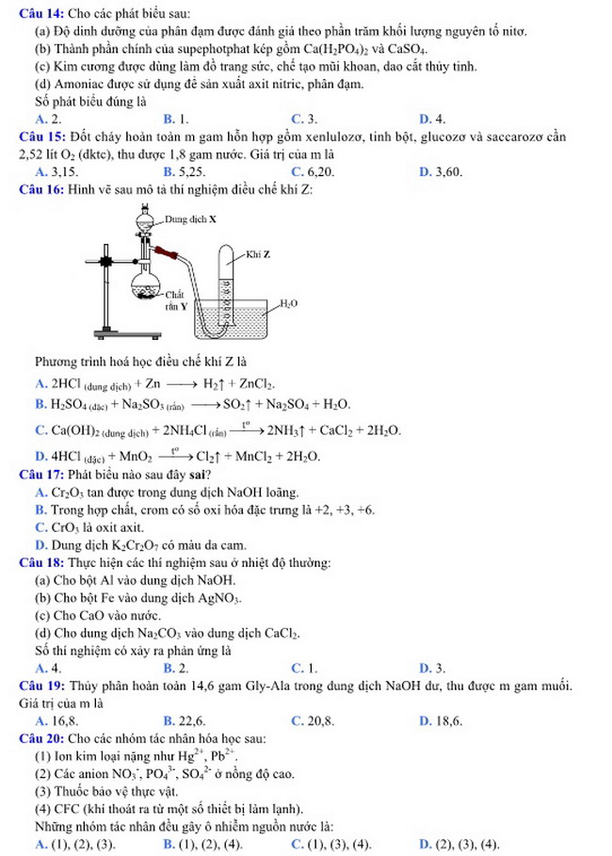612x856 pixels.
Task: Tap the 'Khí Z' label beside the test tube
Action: pyautogui.click(x=257, y=254)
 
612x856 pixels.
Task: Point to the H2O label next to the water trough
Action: pyautogui.click(x=289, y=304)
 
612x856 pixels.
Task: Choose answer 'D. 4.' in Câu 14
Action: pyautogui.click(x=431, y=119)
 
